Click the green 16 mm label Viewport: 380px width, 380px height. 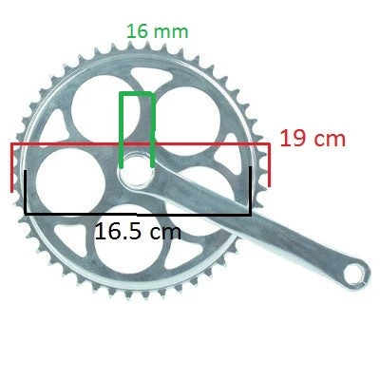tap(158, 31)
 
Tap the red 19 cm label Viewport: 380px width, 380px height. tap(313, 139)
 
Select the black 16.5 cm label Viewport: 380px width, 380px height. tap(138, 232)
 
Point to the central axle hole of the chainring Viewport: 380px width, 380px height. tap(136, 171)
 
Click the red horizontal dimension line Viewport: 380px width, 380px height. tap(141, 144)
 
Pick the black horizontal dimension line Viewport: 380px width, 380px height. tap(138, 214)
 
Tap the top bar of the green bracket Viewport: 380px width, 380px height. tap(137, 94)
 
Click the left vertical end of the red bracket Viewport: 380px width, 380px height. tap(12, 167)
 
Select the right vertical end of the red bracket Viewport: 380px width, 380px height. tap(269, 165)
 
